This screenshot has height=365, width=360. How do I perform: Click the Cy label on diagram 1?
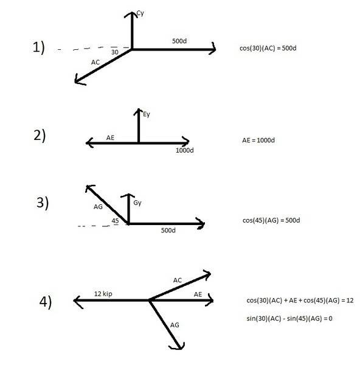tap(140, 13)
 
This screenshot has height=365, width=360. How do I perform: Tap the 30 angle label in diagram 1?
tap(115, 52)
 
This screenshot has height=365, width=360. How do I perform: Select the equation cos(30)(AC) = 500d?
tap(268, 48)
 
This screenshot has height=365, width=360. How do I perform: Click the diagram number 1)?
tap(39, 47)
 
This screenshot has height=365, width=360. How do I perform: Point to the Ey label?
tap(147, 114)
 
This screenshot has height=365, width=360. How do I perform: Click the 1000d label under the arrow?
tap(184, 150)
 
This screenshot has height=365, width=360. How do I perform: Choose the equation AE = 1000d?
tap(258, 140)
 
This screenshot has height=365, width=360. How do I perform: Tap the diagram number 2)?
tap(40, 136)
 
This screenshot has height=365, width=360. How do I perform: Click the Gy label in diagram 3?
tap(137, 203)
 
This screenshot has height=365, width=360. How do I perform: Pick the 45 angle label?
tap(115, 221)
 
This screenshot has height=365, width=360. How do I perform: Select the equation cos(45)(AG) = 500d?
tap(271, 220)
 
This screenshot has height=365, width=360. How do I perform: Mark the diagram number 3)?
tap(43, 203)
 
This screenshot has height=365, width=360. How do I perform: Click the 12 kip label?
tap(103, 294)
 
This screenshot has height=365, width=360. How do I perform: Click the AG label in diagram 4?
tap(175, 325)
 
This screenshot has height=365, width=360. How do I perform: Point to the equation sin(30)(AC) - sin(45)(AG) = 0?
tap(289, 318)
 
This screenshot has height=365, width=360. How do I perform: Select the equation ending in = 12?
tap(300, 301)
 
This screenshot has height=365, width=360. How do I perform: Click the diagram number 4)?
tap(46, 302)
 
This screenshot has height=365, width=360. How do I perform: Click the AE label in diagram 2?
tap(110, 138)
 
